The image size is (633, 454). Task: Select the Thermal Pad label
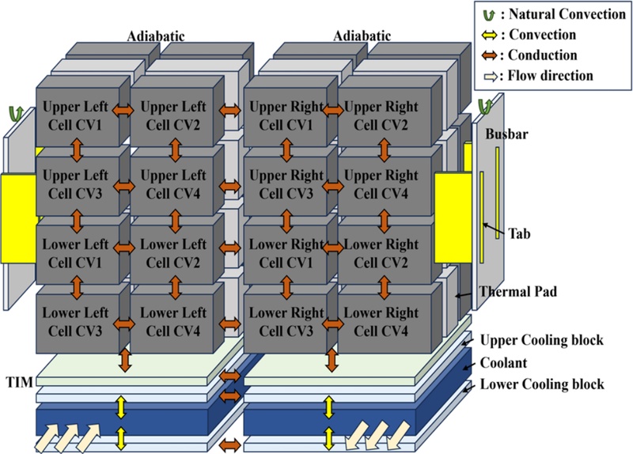(x=517, y=292)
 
